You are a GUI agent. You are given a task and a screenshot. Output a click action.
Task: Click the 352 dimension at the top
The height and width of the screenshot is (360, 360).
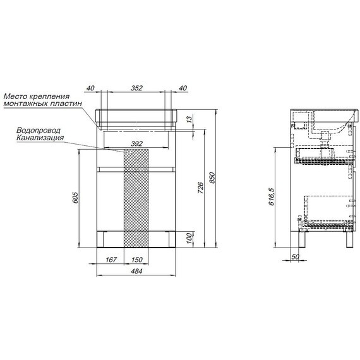click(137, 88)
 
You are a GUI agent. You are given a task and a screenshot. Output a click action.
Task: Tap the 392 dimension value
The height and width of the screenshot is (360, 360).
click(137, 144)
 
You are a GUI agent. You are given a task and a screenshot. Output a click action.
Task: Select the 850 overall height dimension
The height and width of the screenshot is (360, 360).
click(212, 177)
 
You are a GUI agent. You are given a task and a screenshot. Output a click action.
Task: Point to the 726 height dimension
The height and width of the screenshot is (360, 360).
click(201, 188)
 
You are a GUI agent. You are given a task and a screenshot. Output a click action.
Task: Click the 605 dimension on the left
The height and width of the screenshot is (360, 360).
click(75, 198)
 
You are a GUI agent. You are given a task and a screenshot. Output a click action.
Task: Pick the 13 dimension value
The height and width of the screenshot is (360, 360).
click(189, 119)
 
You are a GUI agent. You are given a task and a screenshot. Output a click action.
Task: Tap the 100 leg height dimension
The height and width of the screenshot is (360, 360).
click(189, 238)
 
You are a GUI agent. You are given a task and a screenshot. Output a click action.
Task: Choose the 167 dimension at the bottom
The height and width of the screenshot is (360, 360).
click(111, 260)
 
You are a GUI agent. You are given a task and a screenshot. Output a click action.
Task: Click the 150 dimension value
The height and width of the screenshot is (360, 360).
click(137, 260)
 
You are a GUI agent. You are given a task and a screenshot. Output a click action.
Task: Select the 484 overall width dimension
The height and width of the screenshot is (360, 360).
click(136, 271)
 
